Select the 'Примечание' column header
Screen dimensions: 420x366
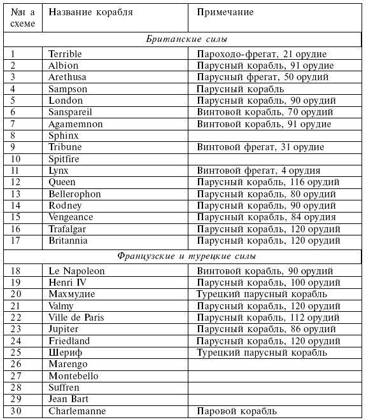click(225, 12)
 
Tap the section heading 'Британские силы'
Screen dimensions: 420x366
click(183, 39)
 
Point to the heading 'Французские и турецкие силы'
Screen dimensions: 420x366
click(187, 256)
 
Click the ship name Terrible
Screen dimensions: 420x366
click(66, 54)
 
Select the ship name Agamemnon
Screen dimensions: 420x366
click(75, 123)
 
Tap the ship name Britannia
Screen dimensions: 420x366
click(68, 241)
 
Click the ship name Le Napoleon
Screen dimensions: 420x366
click(76, 270)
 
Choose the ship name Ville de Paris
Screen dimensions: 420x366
click(76, 317)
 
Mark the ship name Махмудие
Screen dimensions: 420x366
click(72, 294)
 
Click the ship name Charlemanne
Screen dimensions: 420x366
click(77, 410)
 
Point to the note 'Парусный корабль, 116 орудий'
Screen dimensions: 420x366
click(267, 182)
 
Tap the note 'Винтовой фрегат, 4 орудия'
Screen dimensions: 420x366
click(258, 171)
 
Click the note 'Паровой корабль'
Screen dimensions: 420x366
click(236, 410)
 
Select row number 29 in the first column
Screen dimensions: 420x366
click(18, 399)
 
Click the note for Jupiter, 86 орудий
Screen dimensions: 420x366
click(265, 329)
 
